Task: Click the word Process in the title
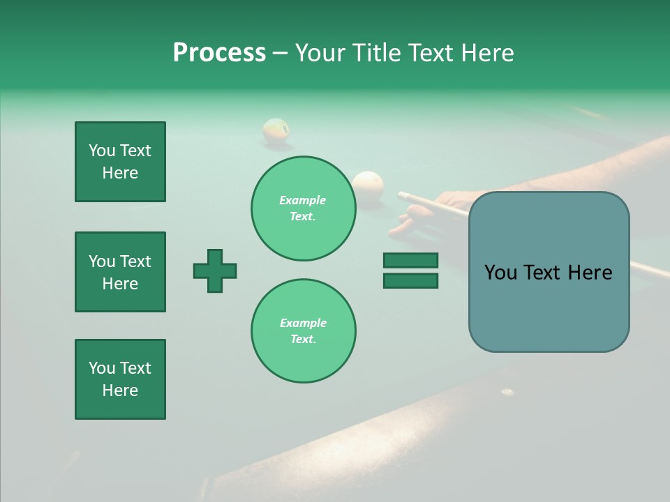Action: (219, 53)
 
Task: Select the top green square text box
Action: (120, 162)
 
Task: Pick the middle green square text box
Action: (120, 272)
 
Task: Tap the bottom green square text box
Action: (120, 379)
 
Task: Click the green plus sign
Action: (215, 271)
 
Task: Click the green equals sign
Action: (410, 271)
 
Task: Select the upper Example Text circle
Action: (303, 208)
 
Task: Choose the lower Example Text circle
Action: (303, 331)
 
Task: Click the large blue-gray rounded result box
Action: (549, 272)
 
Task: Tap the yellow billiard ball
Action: (276, 131)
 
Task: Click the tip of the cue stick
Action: (400, 194)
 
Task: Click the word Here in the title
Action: (486, 53)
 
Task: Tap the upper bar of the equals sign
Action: (410, 261)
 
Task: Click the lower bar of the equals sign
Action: (410, 280)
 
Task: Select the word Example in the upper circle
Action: (303, 201)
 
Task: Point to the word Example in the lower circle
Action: (303, 324)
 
